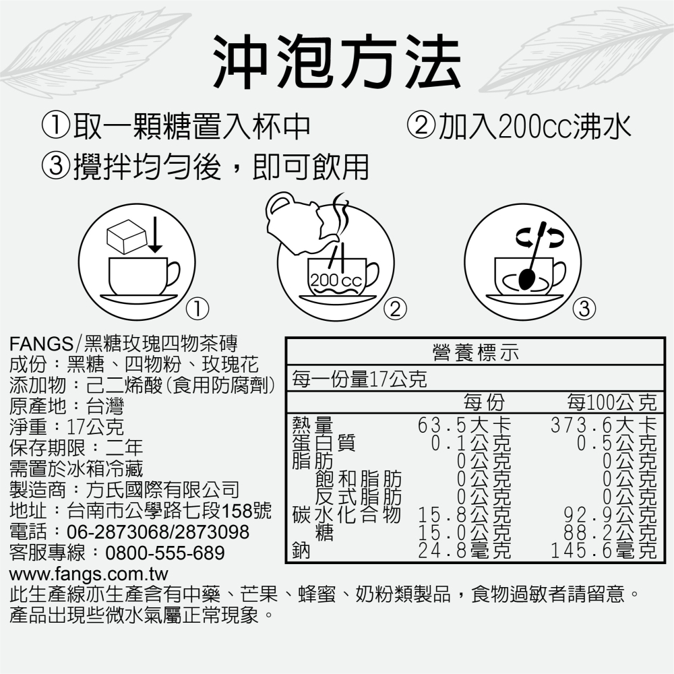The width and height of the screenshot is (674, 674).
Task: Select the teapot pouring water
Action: (x=297, y=219)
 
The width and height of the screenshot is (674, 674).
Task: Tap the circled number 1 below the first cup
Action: (x=196, y=309)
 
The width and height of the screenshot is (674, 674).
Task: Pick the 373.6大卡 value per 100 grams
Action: (x=603, y=426)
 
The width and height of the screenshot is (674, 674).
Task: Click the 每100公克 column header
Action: (x=611, y=404)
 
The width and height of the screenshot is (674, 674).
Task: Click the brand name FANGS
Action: (x=40, y=342)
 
